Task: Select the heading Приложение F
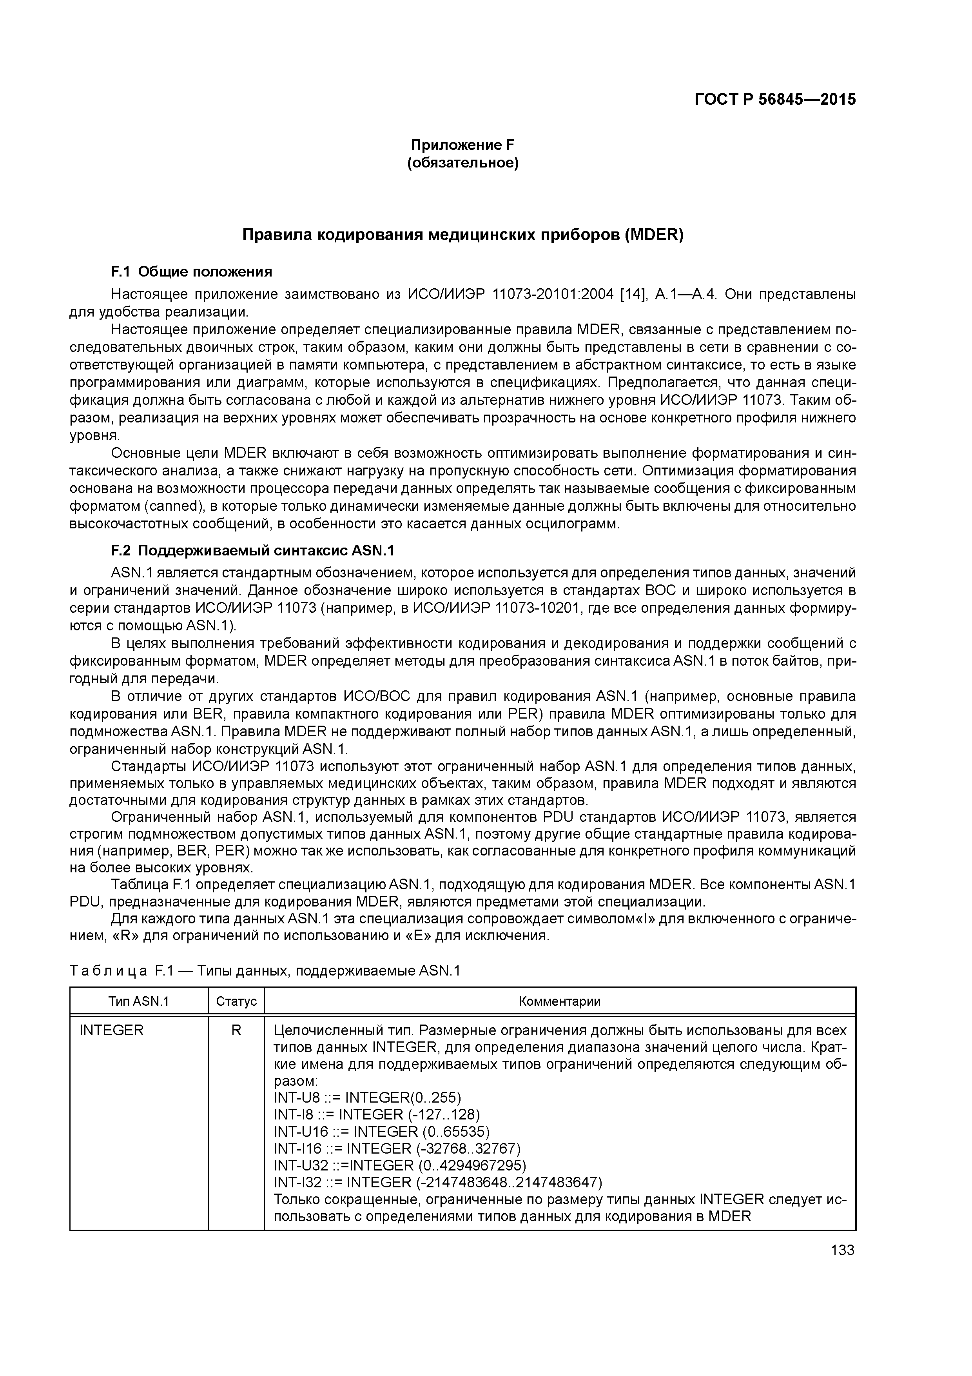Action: pos(462,145)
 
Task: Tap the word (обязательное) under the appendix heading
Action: pos(462,163)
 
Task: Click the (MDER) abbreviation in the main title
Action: pos(653,235)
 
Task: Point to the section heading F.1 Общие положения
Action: pos(192,272)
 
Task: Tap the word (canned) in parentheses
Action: pos(176,506)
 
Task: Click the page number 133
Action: pos(842,1250)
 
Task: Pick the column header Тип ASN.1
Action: pos(139,1001)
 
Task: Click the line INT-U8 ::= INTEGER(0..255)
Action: pos(367,1098)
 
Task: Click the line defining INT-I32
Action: pos(437,1182)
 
